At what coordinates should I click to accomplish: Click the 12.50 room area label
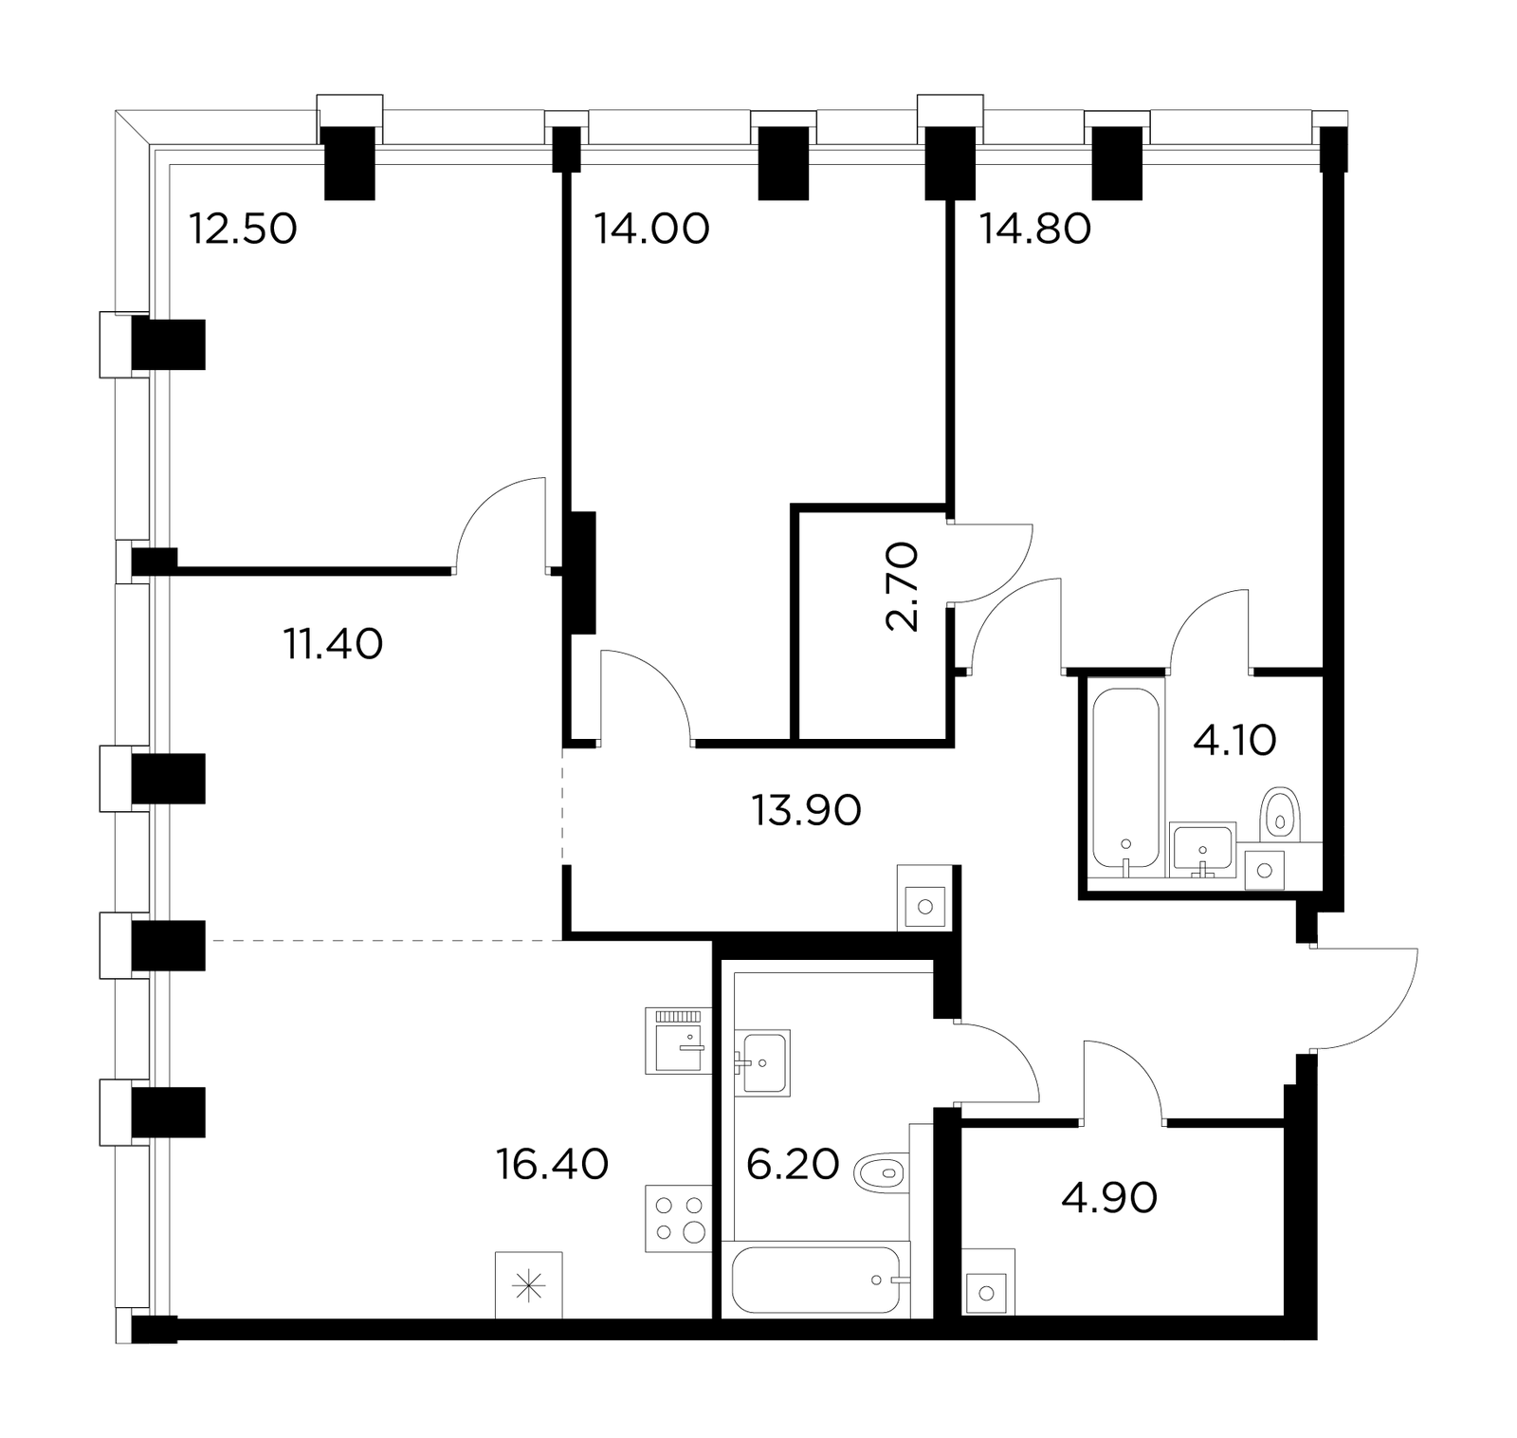coord(244,229)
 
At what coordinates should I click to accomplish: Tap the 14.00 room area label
coord(651,229)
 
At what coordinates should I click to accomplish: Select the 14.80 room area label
coord(1035,229)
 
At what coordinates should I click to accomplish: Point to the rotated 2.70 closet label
coord(902,586)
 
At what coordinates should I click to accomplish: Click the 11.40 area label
coord(333,644)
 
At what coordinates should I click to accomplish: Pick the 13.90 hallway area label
coord(806,810)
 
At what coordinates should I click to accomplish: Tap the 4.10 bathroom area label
coord(1234,740)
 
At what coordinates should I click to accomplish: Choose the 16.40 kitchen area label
coord(552,1164)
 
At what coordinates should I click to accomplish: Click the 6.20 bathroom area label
coord(793,1164)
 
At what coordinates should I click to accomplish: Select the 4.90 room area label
coord(1109,1198)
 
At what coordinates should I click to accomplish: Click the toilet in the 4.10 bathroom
coord(1279,814)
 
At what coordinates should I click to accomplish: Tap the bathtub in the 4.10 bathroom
coord(1124,780)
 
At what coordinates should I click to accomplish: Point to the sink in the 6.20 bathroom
coord(762,1062)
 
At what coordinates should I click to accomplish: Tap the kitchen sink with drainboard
coord(679,1041)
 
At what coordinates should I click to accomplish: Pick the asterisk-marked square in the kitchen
coord(529,1285)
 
